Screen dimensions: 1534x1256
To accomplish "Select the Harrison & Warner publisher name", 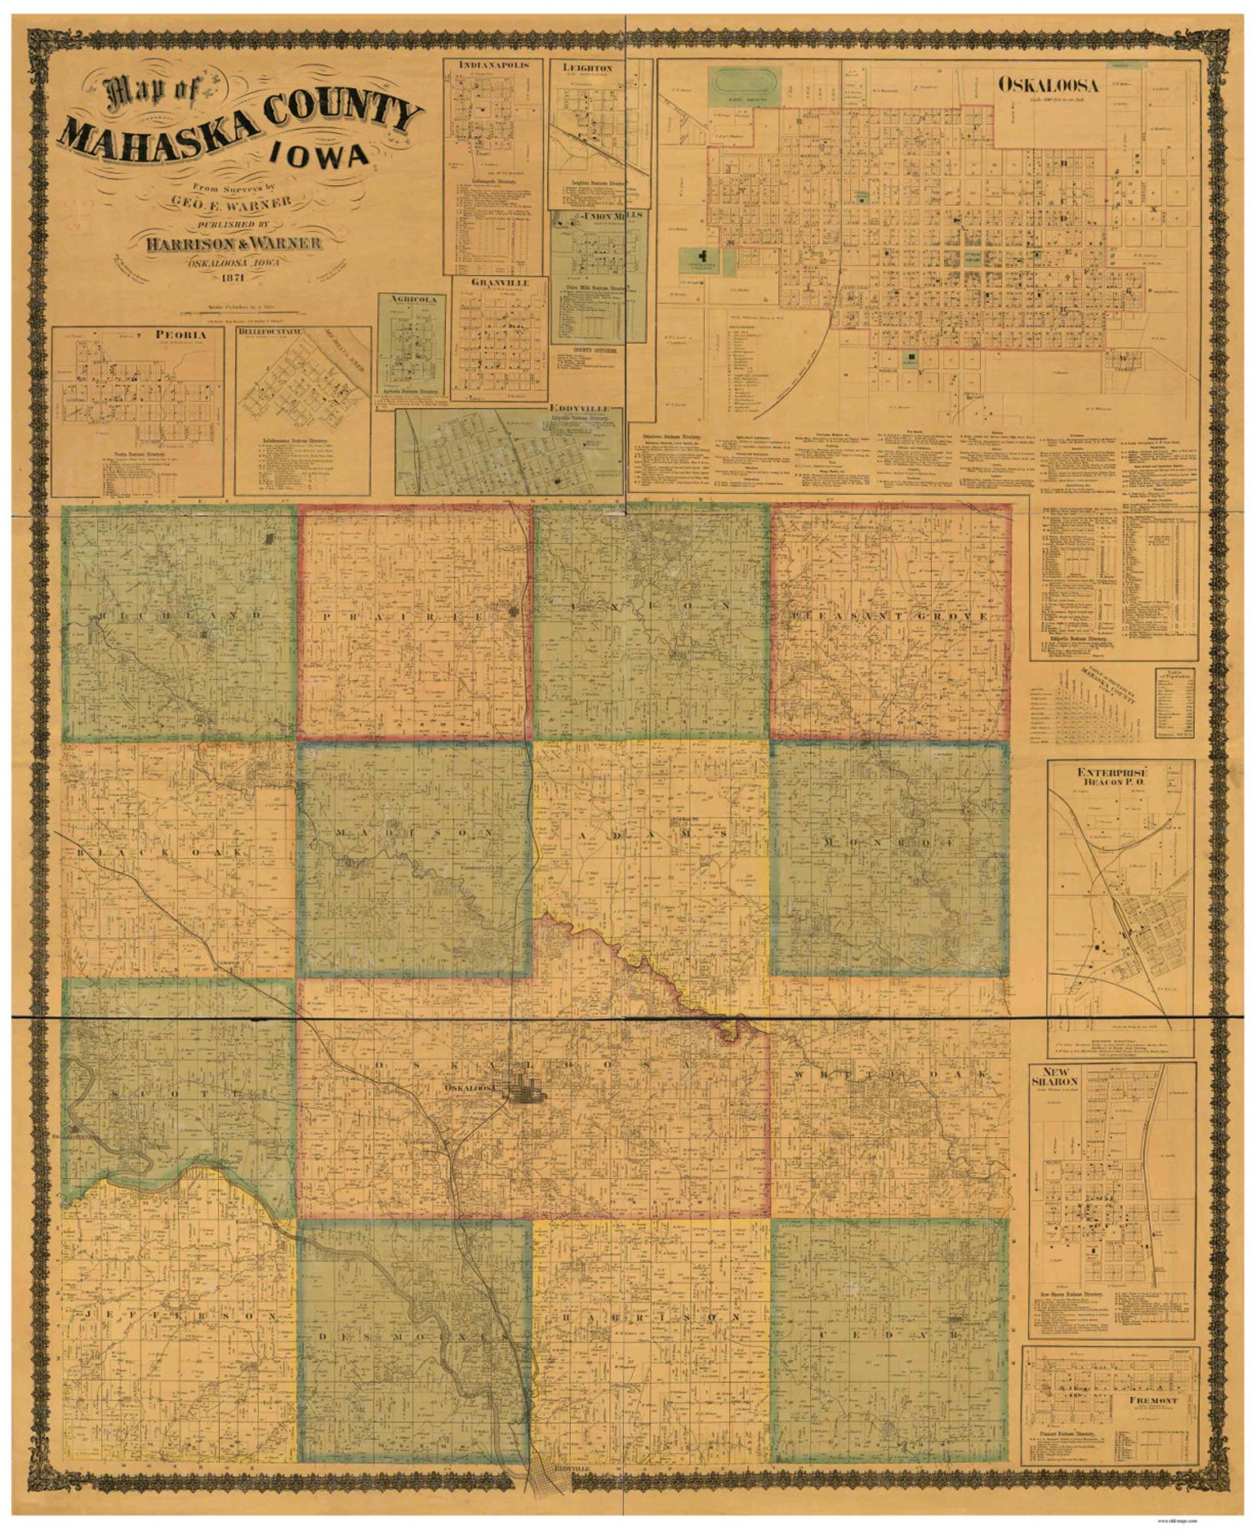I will [233, 243].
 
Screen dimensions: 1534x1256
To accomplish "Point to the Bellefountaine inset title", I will [270, 333].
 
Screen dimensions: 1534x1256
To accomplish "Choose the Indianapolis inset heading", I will [493, 65].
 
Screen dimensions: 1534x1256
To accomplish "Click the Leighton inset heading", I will [587, 68].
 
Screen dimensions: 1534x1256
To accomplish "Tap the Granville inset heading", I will [498, 282].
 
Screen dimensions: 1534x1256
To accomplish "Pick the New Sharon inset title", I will [1054, 1078].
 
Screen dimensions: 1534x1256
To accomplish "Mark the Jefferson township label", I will [178, 1316].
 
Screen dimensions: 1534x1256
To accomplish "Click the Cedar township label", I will [890, 1334].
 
